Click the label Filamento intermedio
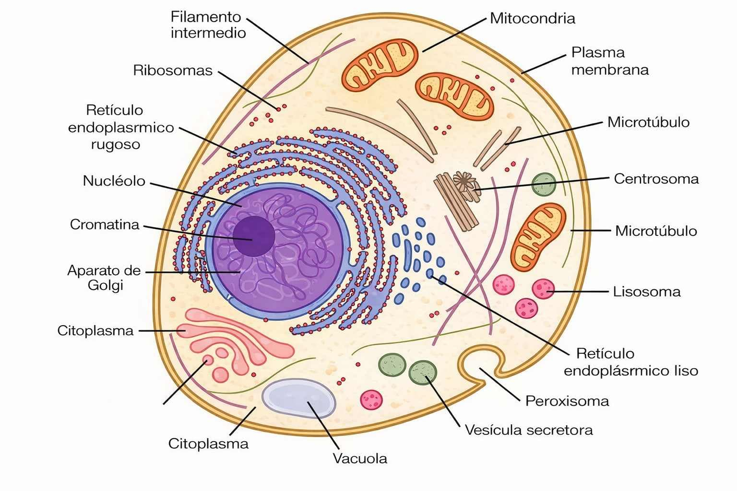point(208,25)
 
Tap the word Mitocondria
point(532,19)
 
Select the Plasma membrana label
point(609,61)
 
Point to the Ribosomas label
point(173,70)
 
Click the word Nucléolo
point(114,181)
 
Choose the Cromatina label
point(105,224)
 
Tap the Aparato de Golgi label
point(104,278)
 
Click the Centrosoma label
point(656,179)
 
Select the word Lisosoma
point(646,292)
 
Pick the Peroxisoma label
point(567,401)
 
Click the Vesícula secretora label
point(529,430)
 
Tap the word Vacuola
point(360,458)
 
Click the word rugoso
point(116,144)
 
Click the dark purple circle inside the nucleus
point(254,235)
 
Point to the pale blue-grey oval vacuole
point(298,398)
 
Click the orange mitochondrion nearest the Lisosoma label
point(538,236)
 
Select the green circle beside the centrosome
point(544,184)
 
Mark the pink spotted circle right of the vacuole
point(371,399)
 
